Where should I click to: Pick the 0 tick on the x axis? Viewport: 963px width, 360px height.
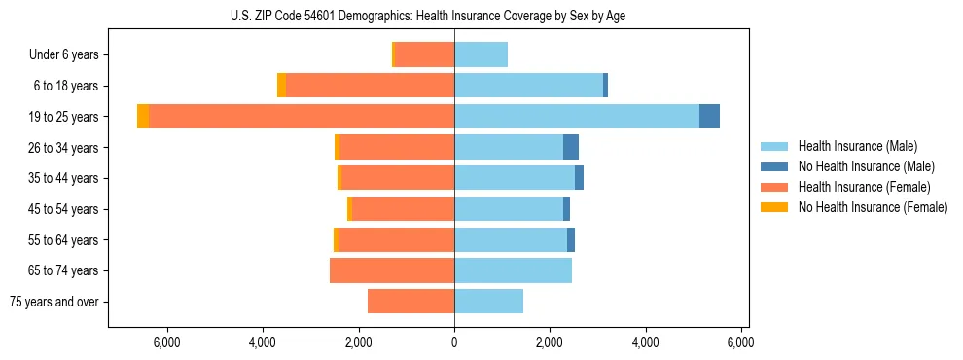pyautogui.click(x=454, y=342)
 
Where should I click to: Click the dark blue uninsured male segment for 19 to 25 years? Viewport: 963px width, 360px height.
pyautogui.click(x=709, y=117)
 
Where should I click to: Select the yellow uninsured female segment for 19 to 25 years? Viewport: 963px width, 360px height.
pyautogui.click(x=143, y=117)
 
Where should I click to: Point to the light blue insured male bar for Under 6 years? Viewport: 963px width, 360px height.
pyautogui.click(x=481, y=55)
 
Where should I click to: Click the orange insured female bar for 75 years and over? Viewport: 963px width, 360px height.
pyautogui.click(x=410, y=302)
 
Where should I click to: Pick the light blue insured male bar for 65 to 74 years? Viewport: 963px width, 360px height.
pyautogui.click(x=513, y=270)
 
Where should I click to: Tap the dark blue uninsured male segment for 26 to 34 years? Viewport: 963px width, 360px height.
pyautogui.click(x=571, y=148)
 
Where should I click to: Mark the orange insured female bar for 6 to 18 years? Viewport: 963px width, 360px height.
pyautogui.click(x=370, y=86)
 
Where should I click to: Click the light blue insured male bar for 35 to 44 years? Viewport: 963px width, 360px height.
pyautogui.click(x=515, y=178)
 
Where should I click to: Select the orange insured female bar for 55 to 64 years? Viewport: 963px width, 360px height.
pyautogui.click(x=395, y=240)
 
